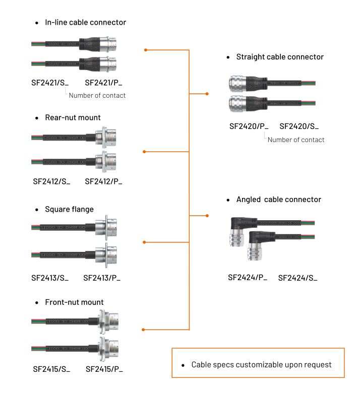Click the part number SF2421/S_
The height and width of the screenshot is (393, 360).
[50, 83]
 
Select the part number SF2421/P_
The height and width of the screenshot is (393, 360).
[103, 83]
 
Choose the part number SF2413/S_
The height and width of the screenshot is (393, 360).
[50, 278]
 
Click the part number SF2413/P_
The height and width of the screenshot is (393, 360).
[102, 278]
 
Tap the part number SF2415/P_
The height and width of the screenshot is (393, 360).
[104, 369]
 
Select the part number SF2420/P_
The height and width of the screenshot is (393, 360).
[249, 126]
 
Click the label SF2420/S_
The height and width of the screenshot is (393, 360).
[299, 126]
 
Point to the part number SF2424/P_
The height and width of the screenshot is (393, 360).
[248, 278]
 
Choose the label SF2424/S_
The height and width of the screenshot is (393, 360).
[298, 278]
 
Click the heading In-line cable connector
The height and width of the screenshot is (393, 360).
[85, 22]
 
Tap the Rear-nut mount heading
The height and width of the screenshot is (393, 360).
[73, 117]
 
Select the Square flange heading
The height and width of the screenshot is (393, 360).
[69, 209]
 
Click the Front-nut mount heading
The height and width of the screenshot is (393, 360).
[74, 302]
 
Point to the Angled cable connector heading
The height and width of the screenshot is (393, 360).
[278, 200]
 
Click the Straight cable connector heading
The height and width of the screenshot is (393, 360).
[280, 57]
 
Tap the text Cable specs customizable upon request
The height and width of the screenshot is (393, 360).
[261, 364]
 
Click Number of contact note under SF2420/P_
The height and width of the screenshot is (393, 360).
[296, 140]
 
